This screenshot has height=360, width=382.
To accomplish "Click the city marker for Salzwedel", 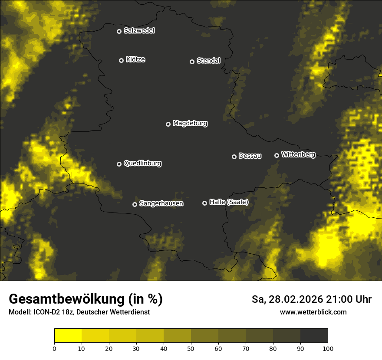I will pyautogui.click(x=119, y=31).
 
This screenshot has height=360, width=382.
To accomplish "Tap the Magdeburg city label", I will pyautogui.click(x=190, y=124).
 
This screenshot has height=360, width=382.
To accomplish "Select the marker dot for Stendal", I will pyautogui.click(x=192, y=62).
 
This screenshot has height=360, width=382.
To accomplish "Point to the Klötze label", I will pyautogui.click(x=135, y=60).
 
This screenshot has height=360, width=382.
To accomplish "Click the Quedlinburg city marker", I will pyautogui.click(x=119, y=164).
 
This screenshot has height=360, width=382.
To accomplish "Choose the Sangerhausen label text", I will pyautogui.click(x=161, y=203).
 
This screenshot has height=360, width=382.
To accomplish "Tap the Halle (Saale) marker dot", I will pyautogui.click(x=204, y=203).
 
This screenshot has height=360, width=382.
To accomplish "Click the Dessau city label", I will pyautogui.click(x=250, y=156).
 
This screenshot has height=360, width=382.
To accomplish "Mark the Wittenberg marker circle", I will pyautogui.click(x=277, y=155).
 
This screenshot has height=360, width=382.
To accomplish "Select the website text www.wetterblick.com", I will pyautogui.click(x=313, y=312).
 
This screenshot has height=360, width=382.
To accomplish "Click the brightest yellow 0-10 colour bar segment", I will pyautogui.click(x=68, y=336).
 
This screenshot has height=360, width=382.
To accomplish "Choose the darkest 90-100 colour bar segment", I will pyautogui.click(x=314, y=336).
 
